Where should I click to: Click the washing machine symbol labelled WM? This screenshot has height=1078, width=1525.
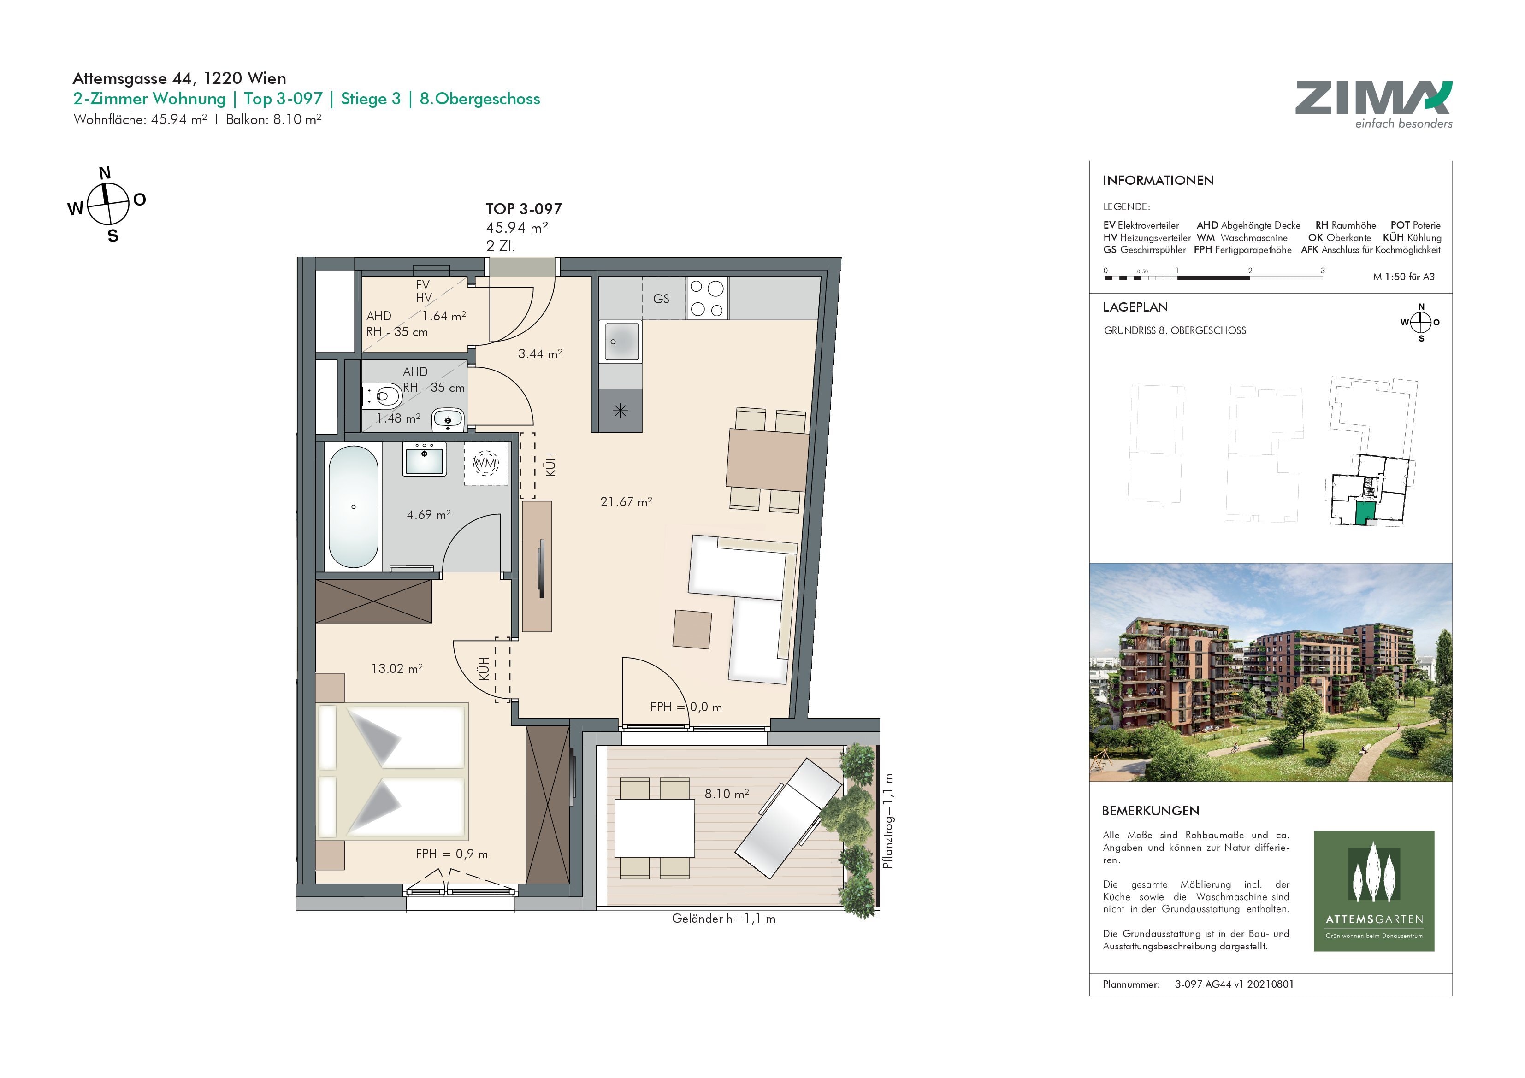point(485,463)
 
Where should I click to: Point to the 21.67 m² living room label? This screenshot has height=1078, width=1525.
point(626,501)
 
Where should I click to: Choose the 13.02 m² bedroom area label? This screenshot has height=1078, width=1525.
point(396,668)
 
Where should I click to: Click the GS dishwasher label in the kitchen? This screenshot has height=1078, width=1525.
point(661,299)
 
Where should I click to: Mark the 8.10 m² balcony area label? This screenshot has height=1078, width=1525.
point(727,794)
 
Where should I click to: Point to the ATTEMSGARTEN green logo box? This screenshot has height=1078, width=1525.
point(1374,891)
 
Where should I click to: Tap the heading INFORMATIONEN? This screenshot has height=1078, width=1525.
point(1158,181)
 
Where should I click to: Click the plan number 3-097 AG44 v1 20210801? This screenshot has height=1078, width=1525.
point(1234,984)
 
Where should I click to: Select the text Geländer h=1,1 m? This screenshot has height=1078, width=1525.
point(723,919)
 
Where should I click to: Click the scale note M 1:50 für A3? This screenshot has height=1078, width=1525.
point(1403,277)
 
